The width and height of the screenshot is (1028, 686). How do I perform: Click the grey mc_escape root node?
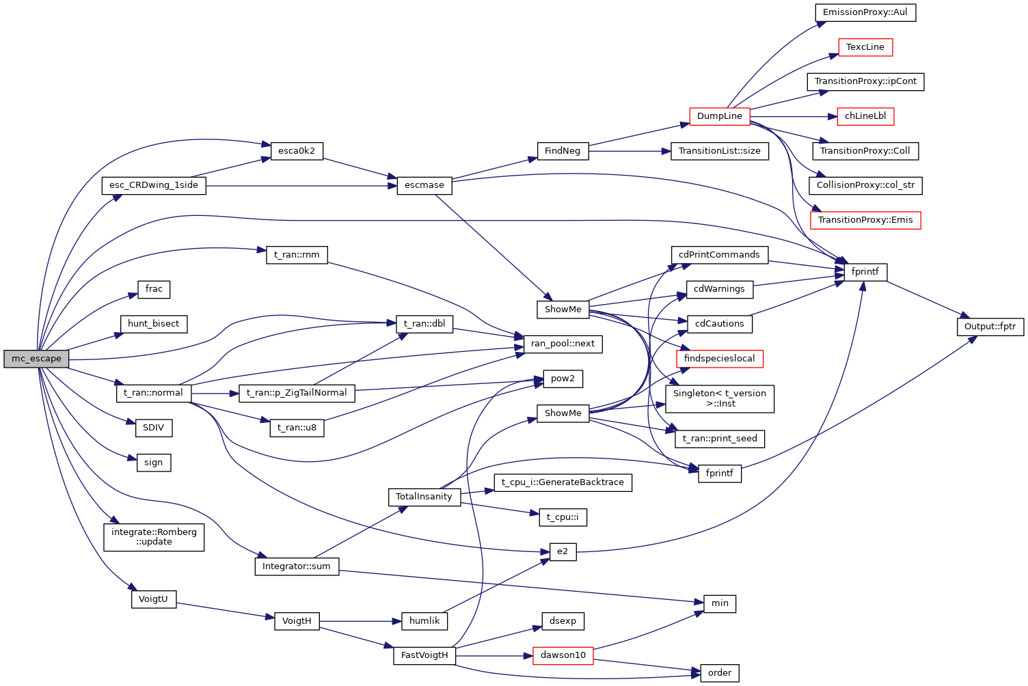click(x=36, y=359)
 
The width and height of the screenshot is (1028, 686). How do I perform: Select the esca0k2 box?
click(x=297, y=151)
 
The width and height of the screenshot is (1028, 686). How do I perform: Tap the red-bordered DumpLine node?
click(x=719, y=116)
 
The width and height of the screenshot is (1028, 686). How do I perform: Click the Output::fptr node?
click(x=990, y=327)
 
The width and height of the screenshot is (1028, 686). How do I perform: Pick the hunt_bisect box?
click(x=153, y=324)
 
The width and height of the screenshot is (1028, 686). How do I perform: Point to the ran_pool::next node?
click(x=563, y=344)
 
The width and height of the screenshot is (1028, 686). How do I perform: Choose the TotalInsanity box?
click(x=424, y=497)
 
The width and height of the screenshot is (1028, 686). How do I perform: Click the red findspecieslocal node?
click(x=719, y=359)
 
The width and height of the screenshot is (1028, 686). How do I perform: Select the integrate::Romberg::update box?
click(x=154, y=537)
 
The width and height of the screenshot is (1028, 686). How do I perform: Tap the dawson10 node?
click(x=563, y=655)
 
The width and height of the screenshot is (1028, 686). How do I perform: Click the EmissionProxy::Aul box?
click(x=865, y=12)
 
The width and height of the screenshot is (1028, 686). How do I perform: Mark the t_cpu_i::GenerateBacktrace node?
click(x=563, y=482)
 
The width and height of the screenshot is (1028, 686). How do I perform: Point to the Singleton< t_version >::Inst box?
click(x=719, y=398)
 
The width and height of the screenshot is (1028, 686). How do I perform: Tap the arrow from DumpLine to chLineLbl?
click(x=793, y=116)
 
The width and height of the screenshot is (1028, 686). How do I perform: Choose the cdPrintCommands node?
click(x=719, y=255)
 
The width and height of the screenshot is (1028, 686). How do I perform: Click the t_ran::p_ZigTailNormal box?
click(x=297, y=393)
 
